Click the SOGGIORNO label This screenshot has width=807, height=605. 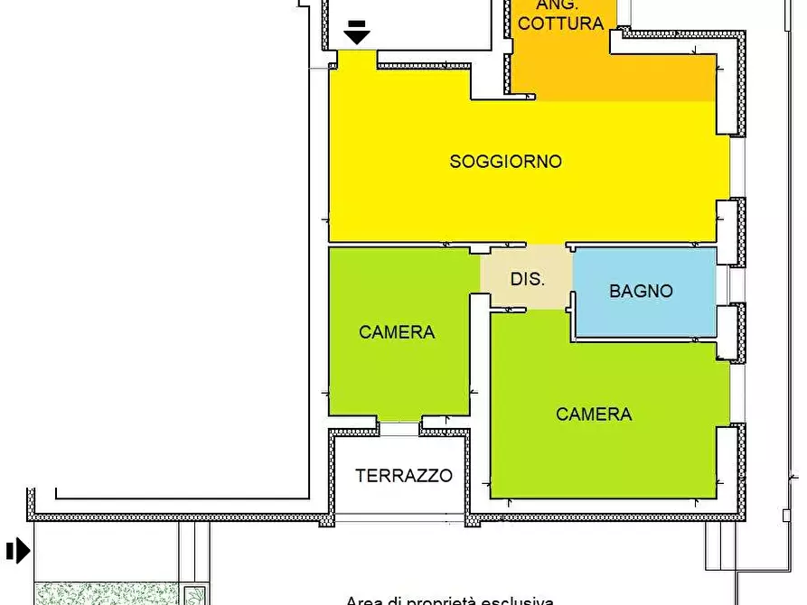pos(505,162)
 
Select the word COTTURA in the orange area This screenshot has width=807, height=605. pos(560,24)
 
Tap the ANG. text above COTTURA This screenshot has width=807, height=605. pos(560,5)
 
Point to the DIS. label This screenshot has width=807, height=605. pos(527,279)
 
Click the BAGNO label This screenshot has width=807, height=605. pos(641,291)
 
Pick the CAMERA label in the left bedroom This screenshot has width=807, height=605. pos(397,332)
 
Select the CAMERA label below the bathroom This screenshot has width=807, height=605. pos(594,414)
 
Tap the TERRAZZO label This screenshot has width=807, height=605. pos(403,476)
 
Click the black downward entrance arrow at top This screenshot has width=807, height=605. pos(357,33)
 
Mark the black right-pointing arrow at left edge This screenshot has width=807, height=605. pos(18,550)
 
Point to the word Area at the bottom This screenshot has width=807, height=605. pos(363,600)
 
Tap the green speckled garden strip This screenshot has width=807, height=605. pos(105,594)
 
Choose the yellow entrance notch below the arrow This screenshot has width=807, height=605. pos(356,58)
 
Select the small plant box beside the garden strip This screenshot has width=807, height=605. pos(193,595)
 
